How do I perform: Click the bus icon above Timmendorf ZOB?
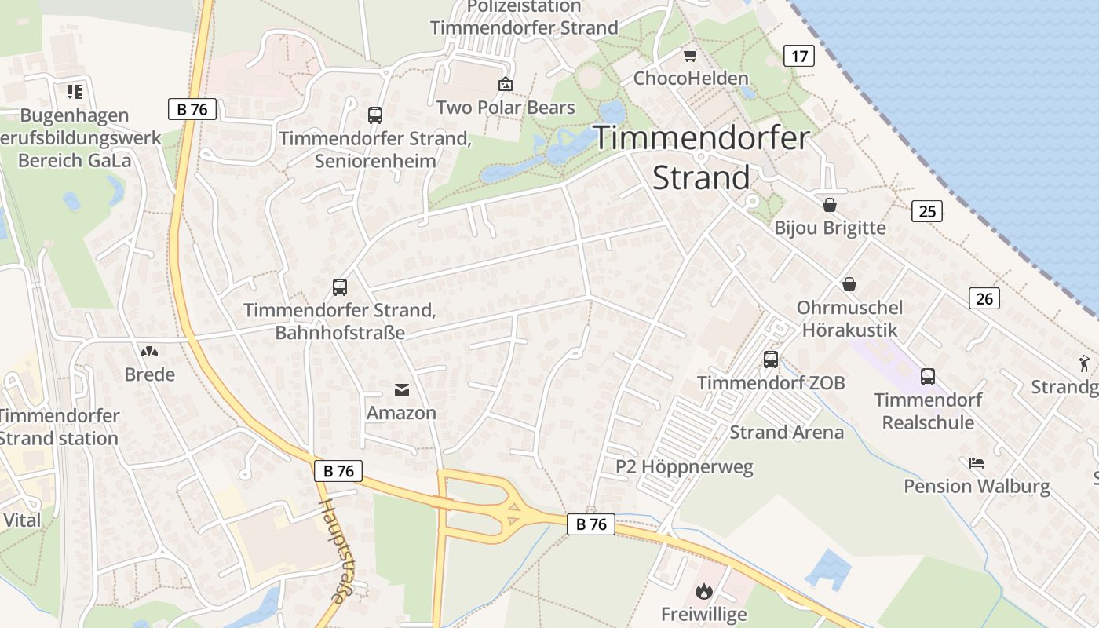pyautogui.click(x=771, y=360)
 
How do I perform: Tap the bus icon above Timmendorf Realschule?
pyautogui.click(x=928, y=377)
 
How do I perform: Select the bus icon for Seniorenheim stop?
pyautogui.click(x=375, y=115)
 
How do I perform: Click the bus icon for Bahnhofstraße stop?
pyautogui.click(x=340, y=287)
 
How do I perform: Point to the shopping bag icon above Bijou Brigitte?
pyautogui.click(x=830, y=205)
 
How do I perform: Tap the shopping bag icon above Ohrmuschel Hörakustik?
pyautogui.click(x=849, y=284)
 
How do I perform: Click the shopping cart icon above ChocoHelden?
pyautogui.click(x=690, y=55)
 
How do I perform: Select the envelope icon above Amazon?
pyautogui.click(x=401, y=389)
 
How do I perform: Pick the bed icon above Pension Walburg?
pyautogui.click(x=977, y=463)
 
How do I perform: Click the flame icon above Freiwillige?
pyautogui.click(x=704, y=590)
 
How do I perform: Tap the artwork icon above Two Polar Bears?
pyautogui.click(x=506, y=84)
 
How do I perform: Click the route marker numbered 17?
pyautogui.click(x=799, y=56)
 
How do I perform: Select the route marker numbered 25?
pyautogui.click(x=927, y=210)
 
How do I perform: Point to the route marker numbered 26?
pyautogui.click(x=984, y=298)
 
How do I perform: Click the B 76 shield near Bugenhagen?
pyautogui.click(x=192, y=109)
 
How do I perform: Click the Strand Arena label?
pyautogui.click(x=787, y=433)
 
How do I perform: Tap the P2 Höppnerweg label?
pyautogui.click(x=684, y=467)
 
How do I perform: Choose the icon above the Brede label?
pyautogui.click(x=149, y=352)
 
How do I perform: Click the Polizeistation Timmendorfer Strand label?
pyautogui.click(x=524, y=17)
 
